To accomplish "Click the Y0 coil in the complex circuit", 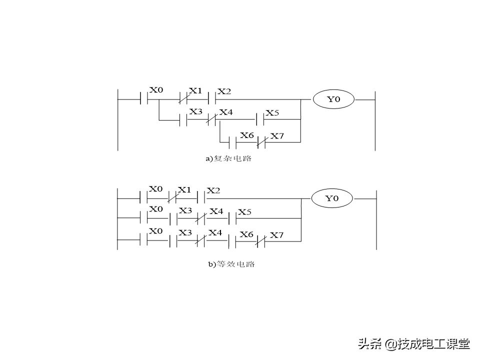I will coord(333,99).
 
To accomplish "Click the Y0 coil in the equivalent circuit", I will coord(332,198).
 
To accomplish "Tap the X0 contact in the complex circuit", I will coord(144,99).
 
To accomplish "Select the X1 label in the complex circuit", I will coord(195,91).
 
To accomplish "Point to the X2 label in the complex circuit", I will coord(224,91).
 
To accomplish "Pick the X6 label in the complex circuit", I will coord(246,135).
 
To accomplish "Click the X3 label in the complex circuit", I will coord(195,112).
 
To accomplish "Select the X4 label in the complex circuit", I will coord(226,112).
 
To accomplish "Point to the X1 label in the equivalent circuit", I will coord(184,189).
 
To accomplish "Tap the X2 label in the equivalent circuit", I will coord(213,190).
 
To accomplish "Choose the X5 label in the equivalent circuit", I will coord(244,212).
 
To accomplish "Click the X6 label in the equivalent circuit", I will coord(246,234).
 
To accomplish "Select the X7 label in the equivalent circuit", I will coord(276,234).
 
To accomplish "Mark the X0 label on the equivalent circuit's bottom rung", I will coord(156,231).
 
